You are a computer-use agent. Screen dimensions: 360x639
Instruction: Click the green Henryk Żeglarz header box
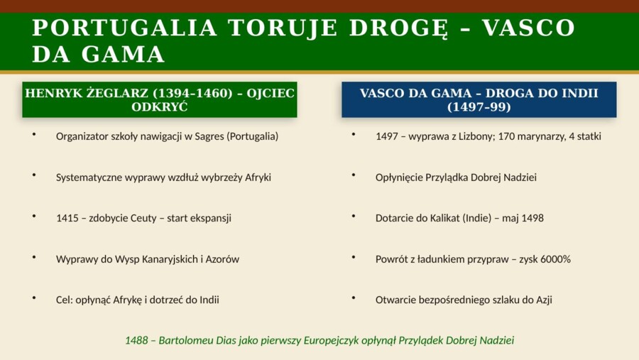coord(160,100)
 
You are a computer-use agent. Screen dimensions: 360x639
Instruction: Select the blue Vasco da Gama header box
coord(479,100)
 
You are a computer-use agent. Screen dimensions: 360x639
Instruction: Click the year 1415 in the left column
coord(68,218)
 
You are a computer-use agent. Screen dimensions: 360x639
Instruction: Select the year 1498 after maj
coord(532,218)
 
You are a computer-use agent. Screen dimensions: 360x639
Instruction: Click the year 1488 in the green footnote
coord(136,340)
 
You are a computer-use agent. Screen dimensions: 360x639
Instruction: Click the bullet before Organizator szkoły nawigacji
coord(33,133)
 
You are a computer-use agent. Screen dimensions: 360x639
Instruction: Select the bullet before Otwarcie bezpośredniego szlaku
coord(353,297)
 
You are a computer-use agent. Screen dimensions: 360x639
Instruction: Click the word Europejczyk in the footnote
coord(329,340)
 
